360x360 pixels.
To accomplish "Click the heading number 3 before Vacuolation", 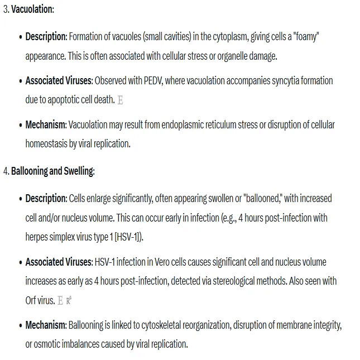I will coord(6,10).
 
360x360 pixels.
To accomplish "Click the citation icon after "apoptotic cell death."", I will coord(120,100).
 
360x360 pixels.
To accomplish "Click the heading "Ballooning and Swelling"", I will coord(52,171).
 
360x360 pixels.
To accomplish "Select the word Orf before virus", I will coord(31,300).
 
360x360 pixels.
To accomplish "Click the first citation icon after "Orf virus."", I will coord(60,301).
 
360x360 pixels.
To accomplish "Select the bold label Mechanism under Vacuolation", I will coord(46,125).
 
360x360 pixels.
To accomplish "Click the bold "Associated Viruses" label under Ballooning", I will coord(59,262).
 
